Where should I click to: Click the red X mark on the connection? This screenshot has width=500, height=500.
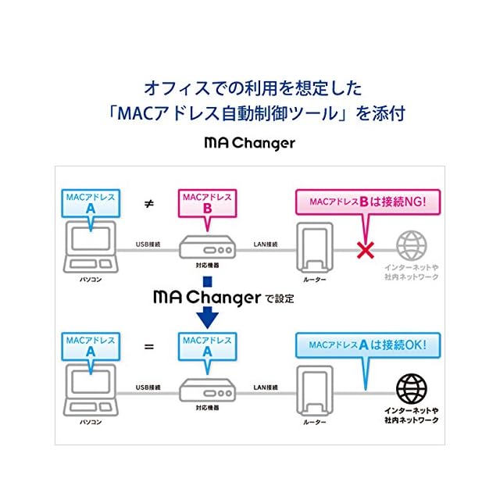pos(363,249)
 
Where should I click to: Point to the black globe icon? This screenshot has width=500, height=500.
pos(412,389)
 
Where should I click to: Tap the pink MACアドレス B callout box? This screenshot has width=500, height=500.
pos(206,205)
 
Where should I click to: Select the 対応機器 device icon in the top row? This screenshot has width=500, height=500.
pos(207,250)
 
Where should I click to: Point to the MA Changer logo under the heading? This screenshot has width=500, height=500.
pos(249,143)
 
